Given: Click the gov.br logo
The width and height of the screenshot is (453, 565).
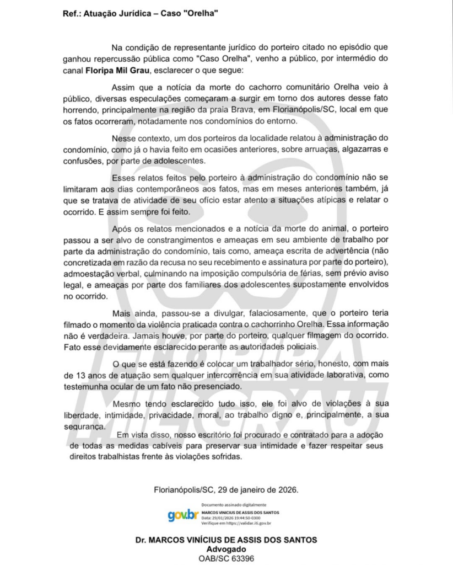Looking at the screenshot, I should point(183,515).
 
